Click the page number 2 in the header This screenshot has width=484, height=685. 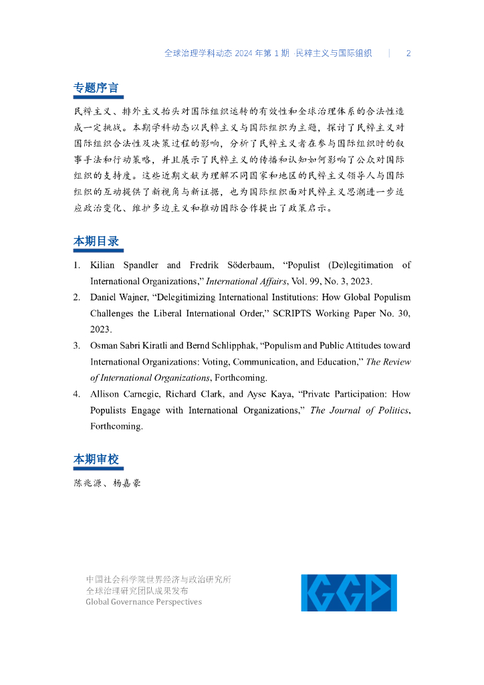pos(408,54)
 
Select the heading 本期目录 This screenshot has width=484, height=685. pos(96,241)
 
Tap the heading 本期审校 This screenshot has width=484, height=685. pos(96,459)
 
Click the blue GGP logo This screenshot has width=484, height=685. pos(348,592)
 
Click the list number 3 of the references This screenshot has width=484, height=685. pos(77,346)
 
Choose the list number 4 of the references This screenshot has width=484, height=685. pos(77,394)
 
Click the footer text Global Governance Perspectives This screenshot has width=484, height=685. pos(143,601)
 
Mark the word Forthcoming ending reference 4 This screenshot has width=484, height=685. pos(116,426)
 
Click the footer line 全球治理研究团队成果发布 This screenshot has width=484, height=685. pos(137,591)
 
